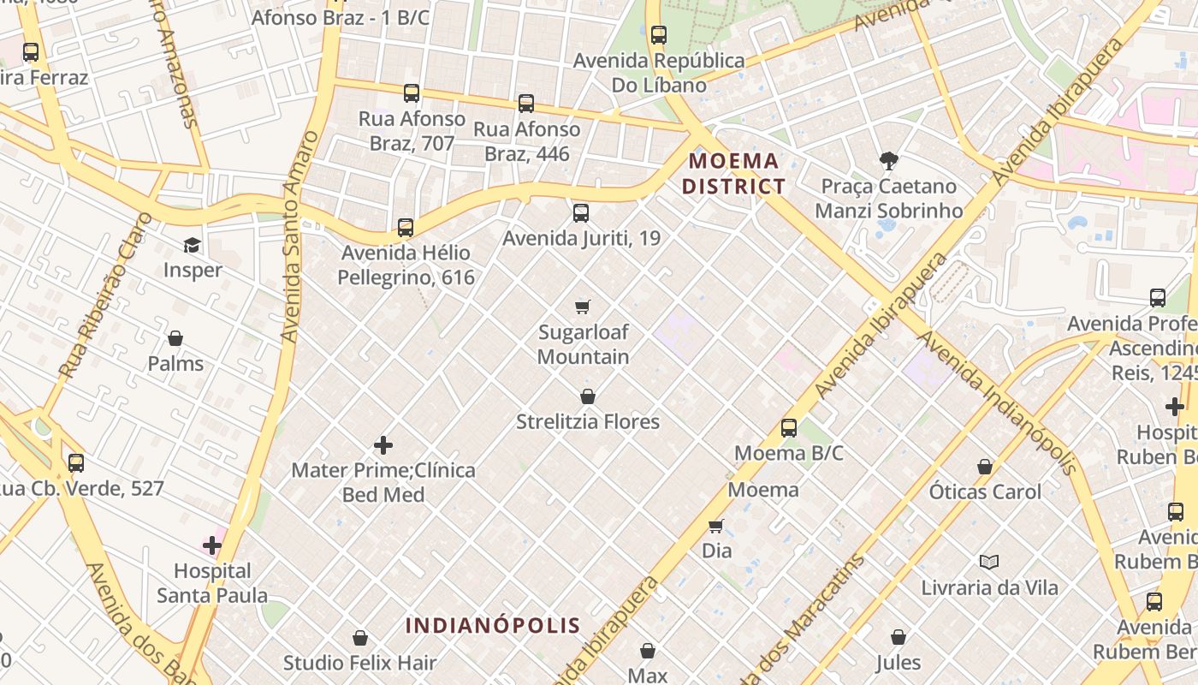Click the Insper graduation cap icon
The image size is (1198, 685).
[x=192, y=246]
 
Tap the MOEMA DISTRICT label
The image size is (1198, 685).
[x=734, y=173]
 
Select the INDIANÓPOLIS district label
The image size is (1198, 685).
[x=493, y=625]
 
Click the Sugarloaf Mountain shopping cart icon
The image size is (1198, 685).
[x=583, y=307]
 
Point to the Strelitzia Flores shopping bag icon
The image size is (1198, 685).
[x=588, y=396]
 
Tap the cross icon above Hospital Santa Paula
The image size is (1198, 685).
[x=212, y=545]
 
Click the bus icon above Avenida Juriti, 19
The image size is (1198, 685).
[x=581, y=213]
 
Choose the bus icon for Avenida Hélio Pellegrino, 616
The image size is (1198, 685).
[x=406, y=228]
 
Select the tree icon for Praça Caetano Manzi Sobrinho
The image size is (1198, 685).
[x=888, y=160]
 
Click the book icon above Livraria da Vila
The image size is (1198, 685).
[x=989, y=563]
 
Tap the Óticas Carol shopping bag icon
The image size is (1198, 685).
[x=985, y=467]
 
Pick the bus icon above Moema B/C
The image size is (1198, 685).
[x=789, y=428]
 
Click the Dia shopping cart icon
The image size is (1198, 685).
[x=716, y=526]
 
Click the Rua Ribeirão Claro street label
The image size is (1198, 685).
[x=106, y=295]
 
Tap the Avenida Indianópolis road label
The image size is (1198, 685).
[x=997, y=402]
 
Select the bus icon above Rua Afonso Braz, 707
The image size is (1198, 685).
[x=412, y=93]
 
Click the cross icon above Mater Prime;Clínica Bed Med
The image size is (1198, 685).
[x=383, y=445]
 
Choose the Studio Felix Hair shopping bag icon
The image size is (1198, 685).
[x=360, y=638]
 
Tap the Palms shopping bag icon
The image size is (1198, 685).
[x=175, y=338]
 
